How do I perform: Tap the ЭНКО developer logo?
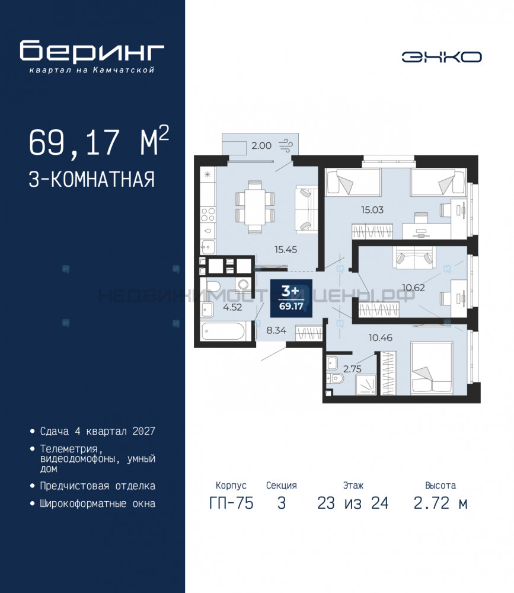point(442,57)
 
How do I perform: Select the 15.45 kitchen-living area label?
point(286,249)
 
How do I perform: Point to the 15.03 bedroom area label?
point(372,209)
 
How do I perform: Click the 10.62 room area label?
point(413,288)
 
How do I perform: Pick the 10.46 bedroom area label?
point(381,337)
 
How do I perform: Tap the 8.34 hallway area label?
point(276,330)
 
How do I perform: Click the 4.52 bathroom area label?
point(232,307)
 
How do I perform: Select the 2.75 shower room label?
point(352,369)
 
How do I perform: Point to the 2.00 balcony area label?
point(261,145)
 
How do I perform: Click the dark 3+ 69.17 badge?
point(291,298)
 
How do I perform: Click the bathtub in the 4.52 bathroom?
point(223,331)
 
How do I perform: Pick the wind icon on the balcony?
point(286,145)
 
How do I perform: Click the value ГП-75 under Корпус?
point(231,503)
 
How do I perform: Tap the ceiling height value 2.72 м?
point(440,503)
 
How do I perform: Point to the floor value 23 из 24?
point(353,503)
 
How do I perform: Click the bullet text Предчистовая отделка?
point(98,486)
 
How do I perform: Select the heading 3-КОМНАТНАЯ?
point(92,179)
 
